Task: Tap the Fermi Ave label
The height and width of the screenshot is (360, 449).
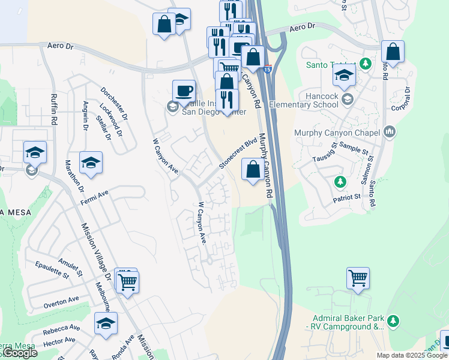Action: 95,196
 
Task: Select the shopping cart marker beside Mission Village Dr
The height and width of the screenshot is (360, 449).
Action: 127,281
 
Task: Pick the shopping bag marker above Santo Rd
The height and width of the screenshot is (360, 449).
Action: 393,52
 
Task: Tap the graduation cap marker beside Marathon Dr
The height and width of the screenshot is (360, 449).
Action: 91,163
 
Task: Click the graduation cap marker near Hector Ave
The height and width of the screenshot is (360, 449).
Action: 106,324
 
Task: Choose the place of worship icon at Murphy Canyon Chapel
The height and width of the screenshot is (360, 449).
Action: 390,132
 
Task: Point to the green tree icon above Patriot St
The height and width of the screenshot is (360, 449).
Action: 340,181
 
